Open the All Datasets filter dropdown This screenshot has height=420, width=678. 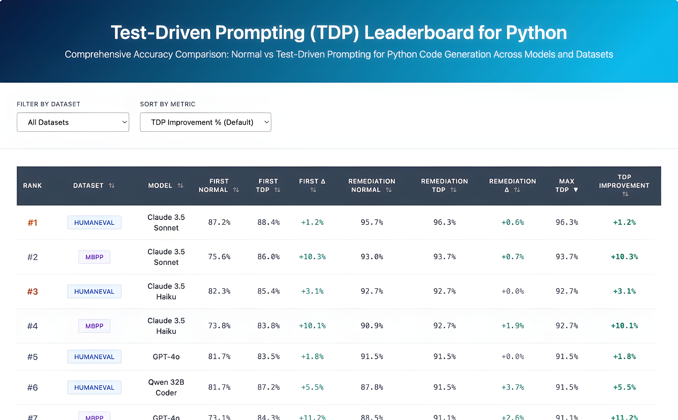point(73,122)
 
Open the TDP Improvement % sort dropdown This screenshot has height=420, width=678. point(205,122)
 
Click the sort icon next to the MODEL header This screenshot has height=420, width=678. point(180,186)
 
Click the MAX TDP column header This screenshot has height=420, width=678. point(567,186)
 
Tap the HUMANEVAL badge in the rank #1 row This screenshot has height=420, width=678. point(94,223)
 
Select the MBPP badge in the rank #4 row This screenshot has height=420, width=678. point(94,326)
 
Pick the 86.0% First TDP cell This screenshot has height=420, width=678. point(268,257)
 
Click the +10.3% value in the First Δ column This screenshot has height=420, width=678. point(312,257)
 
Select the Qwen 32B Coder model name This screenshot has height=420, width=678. point(166,387)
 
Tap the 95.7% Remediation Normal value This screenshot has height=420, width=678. point(372,222)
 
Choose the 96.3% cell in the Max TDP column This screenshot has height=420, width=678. point(567,222)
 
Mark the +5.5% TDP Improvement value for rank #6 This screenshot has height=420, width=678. point(624,387)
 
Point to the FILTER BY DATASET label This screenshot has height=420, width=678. point(48,104)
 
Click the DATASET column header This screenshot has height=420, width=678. point(88,186)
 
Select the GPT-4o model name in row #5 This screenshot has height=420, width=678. point(166,357)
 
